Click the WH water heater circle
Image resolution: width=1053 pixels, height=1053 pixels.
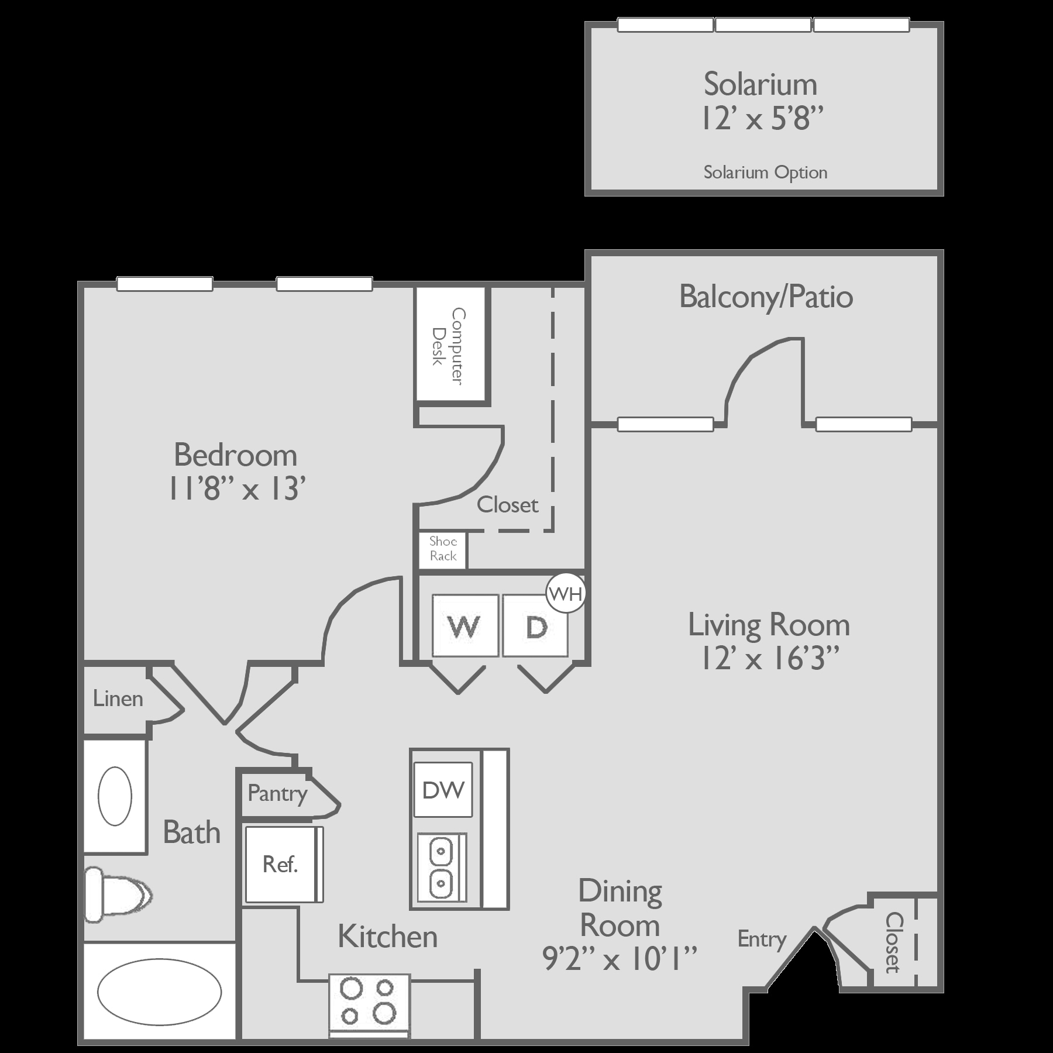(566, 594)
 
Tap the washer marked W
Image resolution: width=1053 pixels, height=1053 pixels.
(465, 626)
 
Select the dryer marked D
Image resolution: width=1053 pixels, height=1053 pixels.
(535, 626)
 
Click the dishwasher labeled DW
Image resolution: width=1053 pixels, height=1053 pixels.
(443, 790)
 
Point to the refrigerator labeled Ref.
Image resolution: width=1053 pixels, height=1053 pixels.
(281, 864)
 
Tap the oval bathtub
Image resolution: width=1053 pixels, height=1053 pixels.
(159, 992)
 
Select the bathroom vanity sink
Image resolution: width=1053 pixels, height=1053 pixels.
(115, 796)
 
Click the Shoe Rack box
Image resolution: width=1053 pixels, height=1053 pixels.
(442, 549)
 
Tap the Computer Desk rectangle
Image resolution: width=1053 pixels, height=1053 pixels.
(450, 345)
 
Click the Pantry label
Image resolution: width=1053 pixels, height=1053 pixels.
(277, 794)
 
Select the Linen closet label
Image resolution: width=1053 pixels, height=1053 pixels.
(118, 698)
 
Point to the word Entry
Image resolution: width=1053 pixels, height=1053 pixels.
(762, 940)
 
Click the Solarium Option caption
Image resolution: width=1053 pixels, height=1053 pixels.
(765, 173)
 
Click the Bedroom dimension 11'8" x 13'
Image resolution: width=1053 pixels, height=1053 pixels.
(237, 488)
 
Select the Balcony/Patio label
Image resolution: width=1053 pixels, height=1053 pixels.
(766, 297)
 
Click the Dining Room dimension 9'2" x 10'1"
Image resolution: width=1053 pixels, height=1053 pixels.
(620, 960)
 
